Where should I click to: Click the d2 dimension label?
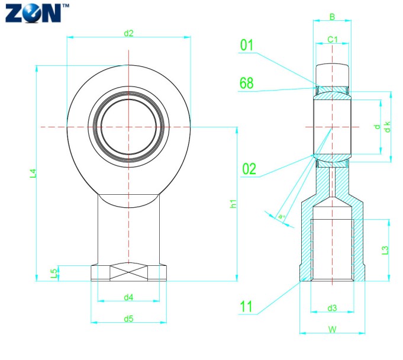click(128, 33)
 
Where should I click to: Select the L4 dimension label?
click(34, 173)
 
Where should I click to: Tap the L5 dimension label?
click(54, 273)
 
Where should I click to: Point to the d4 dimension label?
click(128, 297)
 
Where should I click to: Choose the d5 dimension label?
click(128, 319)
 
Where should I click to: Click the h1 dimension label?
click(233, 204)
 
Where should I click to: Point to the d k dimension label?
click(387, 126)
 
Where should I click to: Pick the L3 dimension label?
click(385, 250)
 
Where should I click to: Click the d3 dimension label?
click(332, 308)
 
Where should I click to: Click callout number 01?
click(247, 46)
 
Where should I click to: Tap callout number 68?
click(247, 83)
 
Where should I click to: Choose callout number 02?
click(249, 169)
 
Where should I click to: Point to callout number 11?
click(247, 306)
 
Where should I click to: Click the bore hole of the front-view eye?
click(128, 126)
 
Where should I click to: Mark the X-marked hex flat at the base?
click(128, 272)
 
